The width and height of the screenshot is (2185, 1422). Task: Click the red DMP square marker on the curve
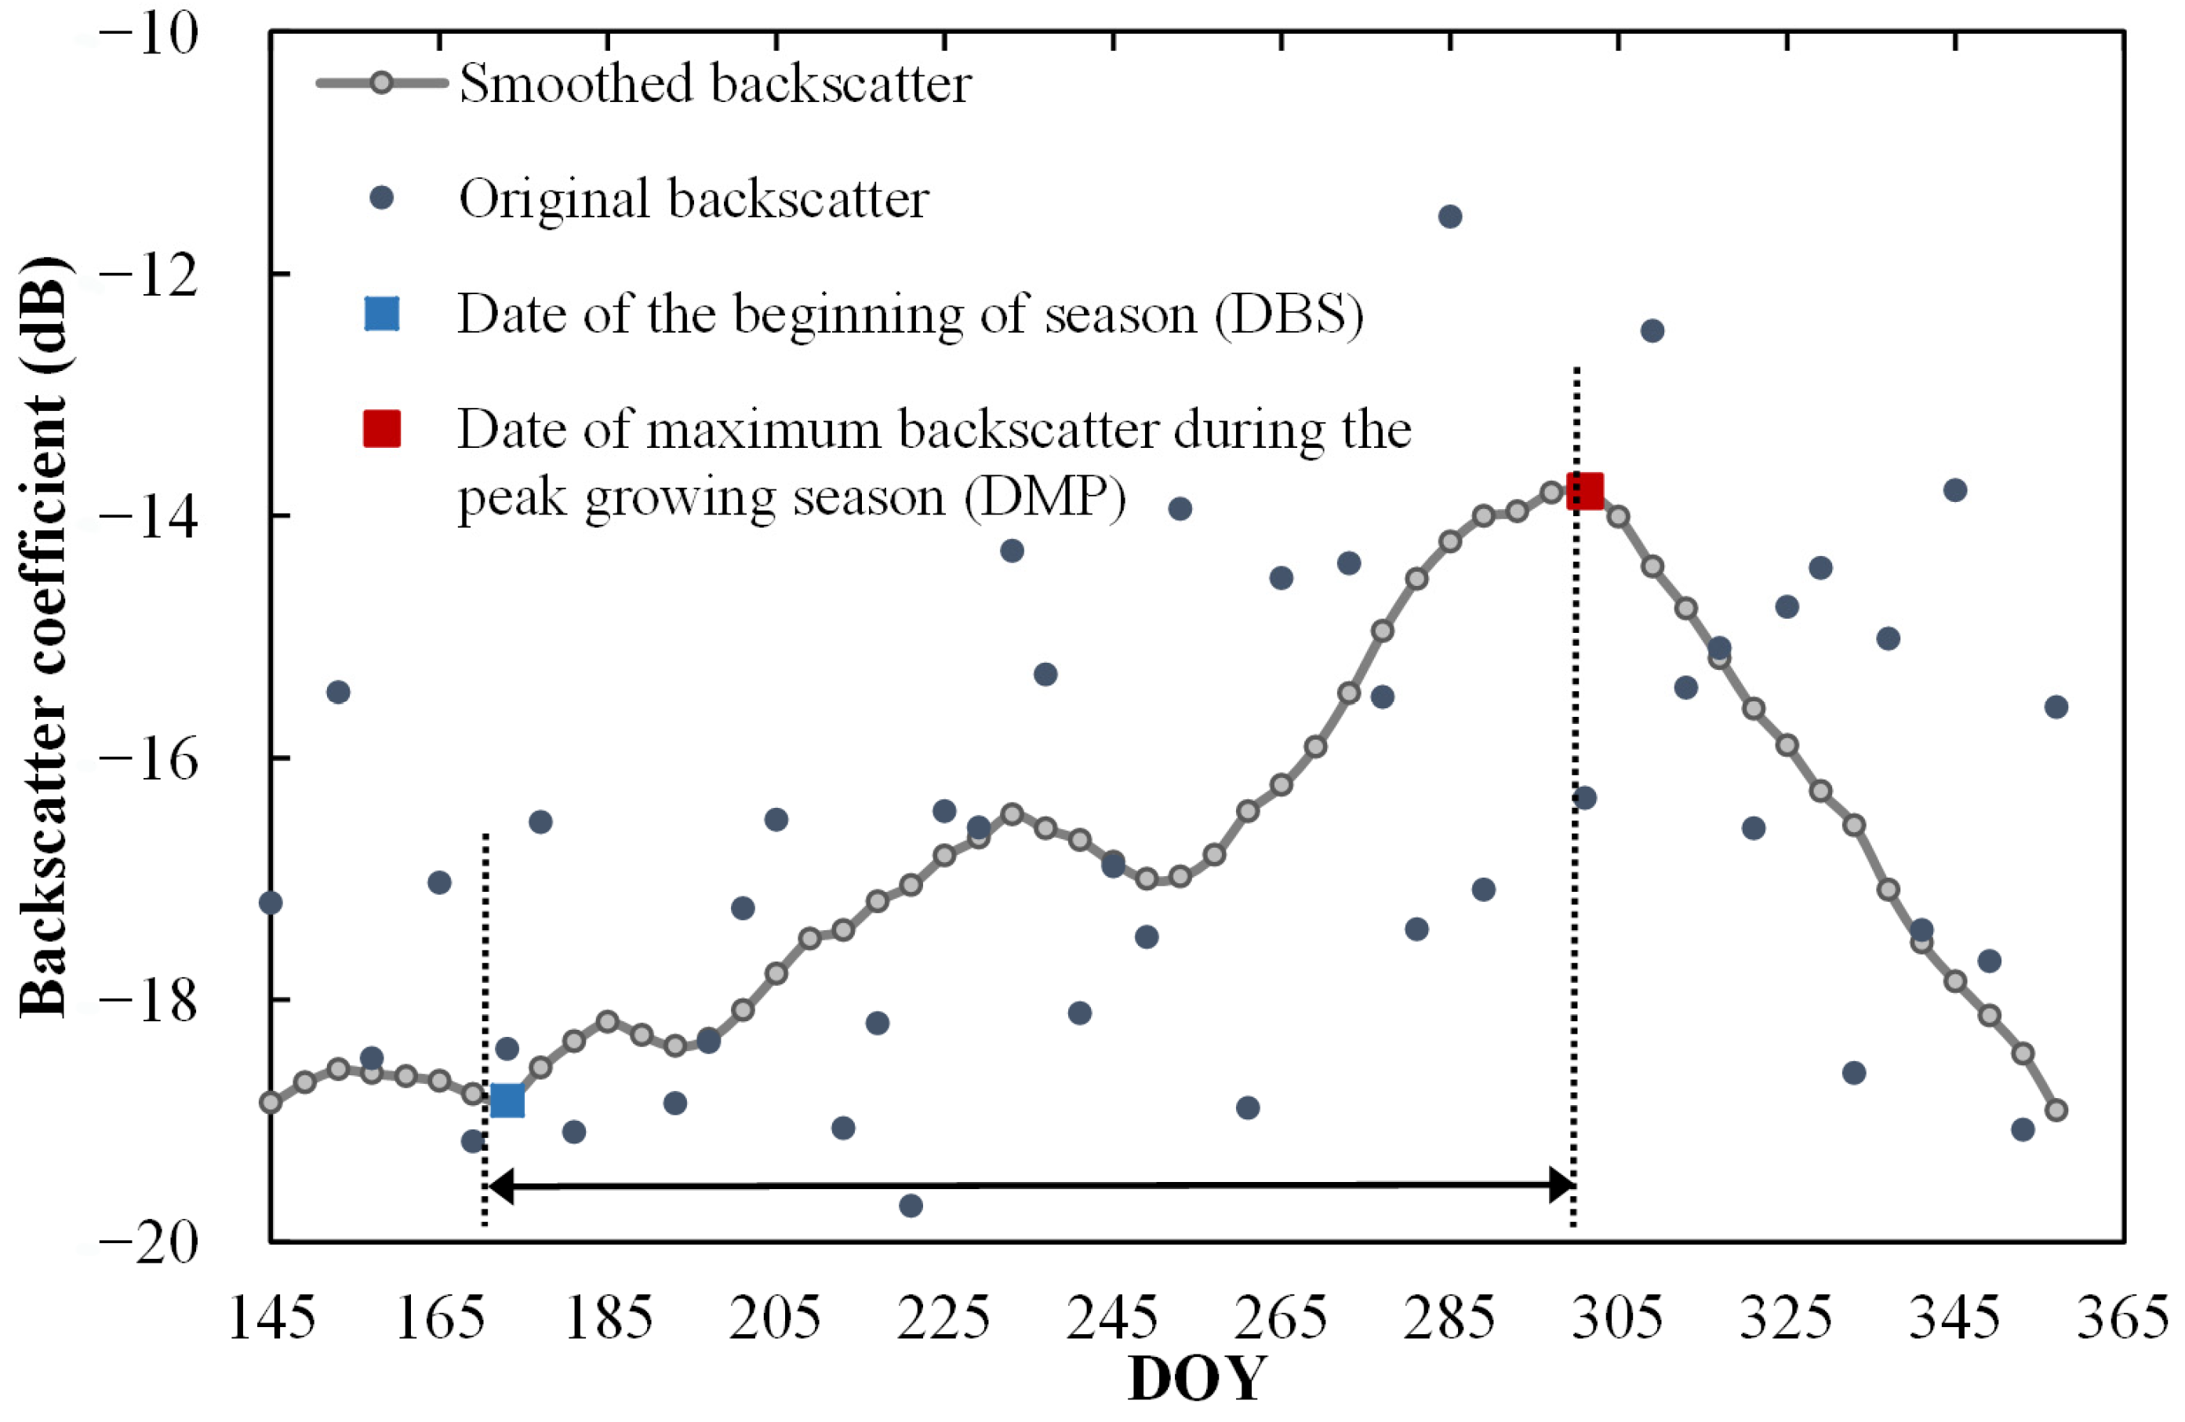tap(1584, 491)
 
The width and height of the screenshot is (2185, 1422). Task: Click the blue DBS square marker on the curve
tap(507, 1100)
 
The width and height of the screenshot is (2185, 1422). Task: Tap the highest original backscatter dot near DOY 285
tap(1449, 216)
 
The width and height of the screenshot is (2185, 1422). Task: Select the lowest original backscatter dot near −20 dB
tap(910, 1206)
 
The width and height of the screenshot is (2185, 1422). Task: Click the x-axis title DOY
tap(1196, 1379)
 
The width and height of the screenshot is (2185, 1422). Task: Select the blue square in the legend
tap(382, 313)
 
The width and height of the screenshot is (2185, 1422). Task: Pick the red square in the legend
tap(382, 429)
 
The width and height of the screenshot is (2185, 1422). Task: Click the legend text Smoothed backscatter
tap(714, 84)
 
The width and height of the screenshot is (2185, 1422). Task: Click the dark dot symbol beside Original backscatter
tap(381, 198)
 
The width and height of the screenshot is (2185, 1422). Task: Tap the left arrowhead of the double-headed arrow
tap(501, 1186)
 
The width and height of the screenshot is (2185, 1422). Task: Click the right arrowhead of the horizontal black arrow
tap(1561, 1185)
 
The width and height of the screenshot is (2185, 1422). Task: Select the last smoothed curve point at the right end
tap(2056, 1110)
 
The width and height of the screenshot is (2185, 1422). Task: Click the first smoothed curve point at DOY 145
tap(271, 1102)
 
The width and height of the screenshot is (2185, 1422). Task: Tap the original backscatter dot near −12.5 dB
tap(1652, 330)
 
